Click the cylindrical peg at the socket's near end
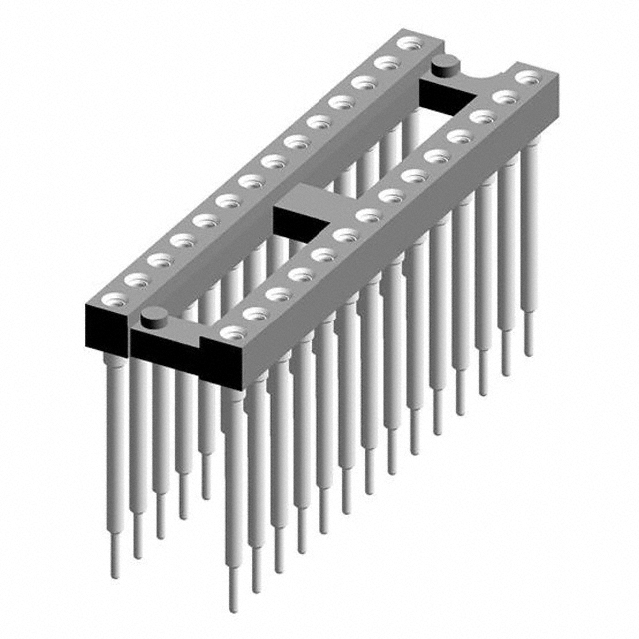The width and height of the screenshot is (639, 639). [154, 319]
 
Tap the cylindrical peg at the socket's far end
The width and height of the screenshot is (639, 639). [445, 67]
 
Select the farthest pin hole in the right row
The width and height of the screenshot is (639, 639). [529, 78]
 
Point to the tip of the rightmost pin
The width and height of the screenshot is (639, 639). [528, 350]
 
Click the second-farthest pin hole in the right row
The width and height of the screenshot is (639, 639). [506, 97]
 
